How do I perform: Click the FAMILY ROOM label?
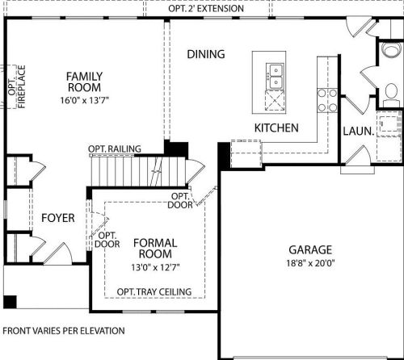coord(84,82)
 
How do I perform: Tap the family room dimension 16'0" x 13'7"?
coord(84,100)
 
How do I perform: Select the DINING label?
coord(206,54)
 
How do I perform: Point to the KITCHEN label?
coord(276,128)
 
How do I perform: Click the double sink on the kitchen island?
coord(275,76)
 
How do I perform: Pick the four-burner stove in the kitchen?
coord(327,100)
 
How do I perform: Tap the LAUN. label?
coord(359,132)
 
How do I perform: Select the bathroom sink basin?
coord(391,49)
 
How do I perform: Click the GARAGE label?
coord(310,249)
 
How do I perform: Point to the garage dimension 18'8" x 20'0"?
coord(310,263)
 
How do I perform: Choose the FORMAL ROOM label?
coord(155,249)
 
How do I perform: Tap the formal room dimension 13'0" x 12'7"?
coord(155,267)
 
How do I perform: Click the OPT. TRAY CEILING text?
coord(154,291)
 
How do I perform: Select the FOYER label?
coord(58,218)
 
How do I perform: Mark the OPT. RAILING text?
coord(115,149)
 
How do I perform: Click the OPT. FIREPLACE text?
coord(17,86)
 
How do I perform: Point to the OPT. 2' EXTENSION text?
coord(206,9)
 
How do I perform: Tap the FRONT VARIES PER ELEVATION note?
coord(64,331)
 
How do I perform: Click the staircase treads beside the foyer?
coord(138,171)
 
